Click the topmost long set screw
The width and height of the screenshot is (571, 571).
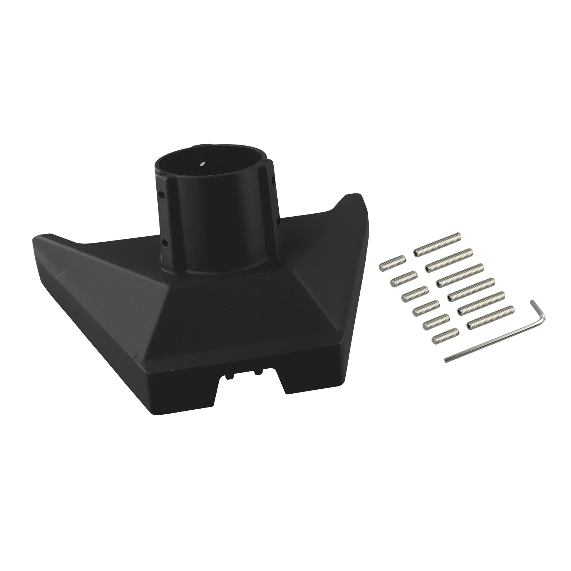(438, 244)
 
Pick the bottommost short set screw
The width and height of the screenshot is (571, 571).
(445, 336)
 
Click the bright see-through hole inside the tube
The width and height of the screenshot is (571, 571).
(203, 164)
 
